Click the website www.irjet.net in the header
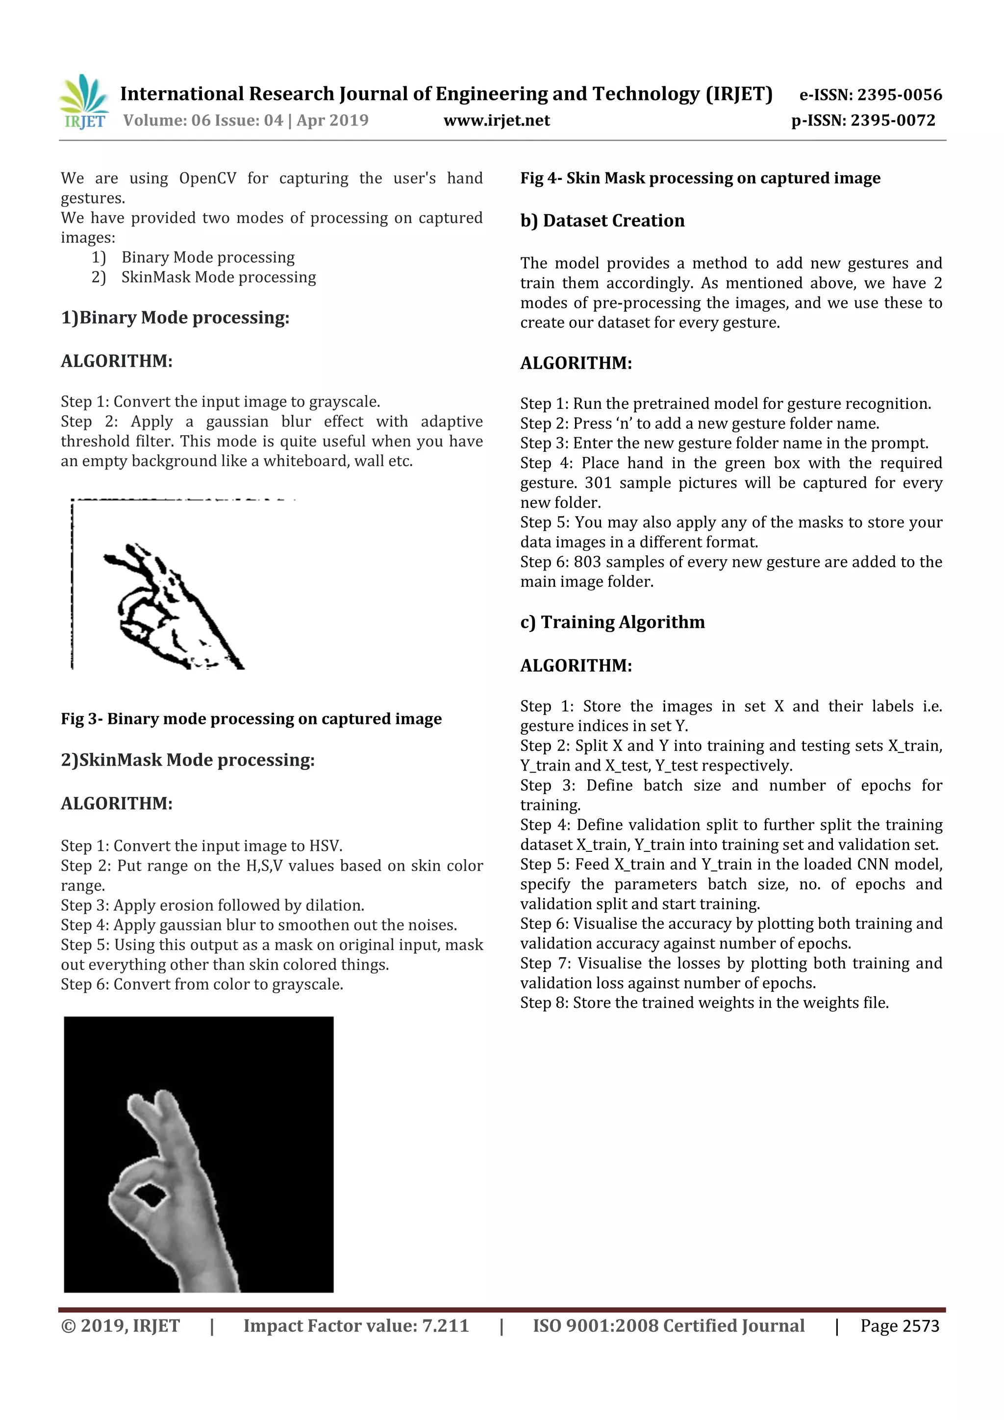496,121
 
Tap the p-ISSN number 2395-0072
893,121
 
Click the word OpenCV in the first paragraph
207,179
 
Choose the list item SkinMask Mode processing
218,277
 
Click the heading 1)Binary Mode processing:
175,318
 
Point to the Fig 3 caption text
251,719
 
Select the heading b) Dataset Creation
602,221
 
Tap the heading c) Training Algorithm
612,622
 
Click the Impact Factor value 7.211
445,1326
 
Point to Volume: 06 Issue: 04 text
203,121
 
